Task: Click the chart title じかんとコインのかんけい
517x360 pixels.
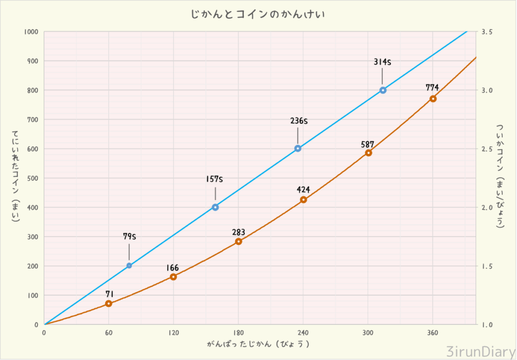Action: (257, 15)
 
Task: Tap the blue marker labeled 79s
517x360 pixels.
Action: (129, 266)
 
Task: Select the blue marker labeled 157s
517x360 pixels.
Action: (216, 207)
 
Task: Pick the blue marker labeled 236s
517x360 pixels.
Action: (298, 148)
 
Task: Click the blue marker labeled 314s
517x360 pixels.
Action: (383, 90)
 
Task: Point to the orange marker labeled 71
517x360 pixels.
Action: (109, 303)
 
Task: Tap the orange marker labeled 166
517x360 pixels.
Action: (173, 277)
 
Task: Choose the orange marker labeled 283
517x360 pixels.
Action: (239, 241)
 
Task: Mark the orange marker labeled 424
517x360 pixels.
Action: (303, 200)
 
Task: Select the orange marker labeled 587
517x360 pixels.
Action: (369, 153)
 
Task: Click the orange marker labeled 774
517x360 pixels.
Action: (433, 98)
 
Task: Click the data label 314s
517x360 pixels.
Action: (383, 62)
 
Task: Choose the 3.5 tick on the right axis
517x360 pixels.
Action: (487, 32)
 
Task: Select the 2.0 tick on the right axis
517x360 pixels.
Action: (487, 208)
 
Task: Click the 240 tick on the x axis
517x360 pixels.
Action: (303, 333)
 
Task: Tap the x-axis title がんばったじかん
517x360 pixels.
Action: (257, 344)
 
